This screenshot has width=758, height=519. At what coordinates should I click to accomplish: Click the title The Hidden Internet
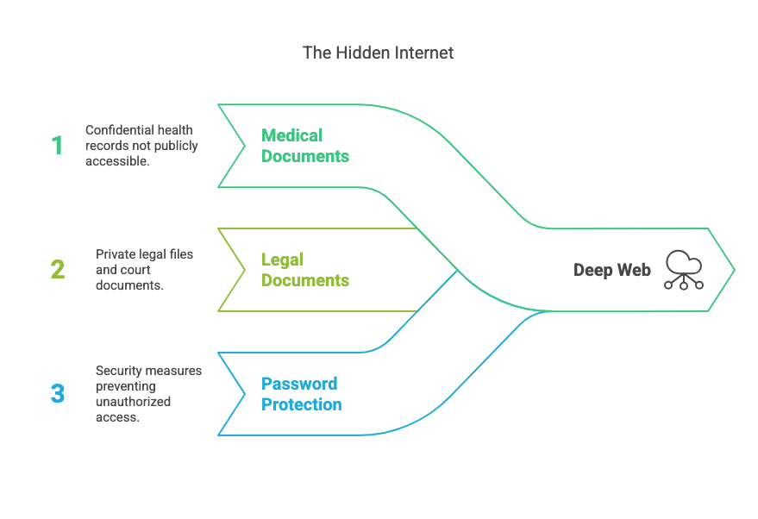point(378,53)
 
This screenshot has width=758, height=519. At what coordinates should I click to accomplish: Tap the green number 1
point(57,145)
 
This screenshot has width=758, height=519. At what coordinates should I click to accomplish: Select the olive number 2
point(57,269)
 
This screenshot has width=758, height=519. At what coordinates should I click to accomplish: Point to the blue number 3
point(57,394)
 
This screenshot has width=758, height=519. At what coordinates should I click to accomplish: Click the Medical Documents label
point(305,146)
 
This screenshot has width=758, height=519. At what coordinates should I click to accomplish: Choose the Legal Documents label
point(305,270)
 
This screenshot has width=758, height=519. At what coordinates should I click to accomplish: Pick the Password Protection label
point(302,394)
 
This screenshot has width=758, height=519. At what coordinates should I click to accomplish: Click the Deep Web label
point(612,271)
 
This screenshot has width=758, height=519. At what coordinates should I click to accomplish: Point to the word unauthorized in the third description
point(133,402)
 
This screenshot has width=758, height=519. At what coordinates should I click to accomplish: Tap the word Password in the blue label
point(299,384)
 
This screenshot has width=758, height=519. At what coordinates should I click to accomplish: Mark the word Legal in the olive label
point(283,259)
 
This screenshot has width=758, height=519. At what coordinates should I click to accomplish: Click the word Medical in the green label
point(291,135)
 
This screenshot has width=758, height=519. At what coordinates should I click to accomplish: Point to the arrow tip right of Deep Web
point(734,270)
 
